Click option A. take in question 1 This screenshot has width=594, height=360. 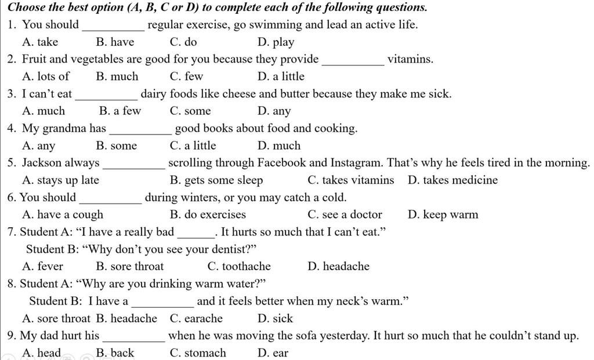(x=39, y=42)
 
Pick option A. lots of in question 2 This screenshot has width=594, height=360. (x=45, y=77)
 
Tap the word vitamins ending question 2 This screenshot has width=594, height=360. (x=410, y=59)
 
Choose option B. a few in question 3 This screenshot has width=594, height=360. (x=120, y=111)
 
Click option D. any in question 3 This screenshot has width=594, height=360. (x=274, y=111)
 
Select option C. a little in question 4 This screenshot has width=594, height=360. (x=193, y=146)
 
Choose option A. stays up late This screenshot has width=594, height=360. (x=60, y=180)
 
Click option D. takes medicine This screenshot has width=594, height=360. (x=452, y=180)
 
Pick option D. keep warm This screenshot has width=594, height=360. (x=443, y=215)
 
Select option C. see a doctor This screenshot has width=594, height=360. (x=345, y=215)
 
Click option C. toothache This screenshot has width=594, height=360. (x=238, y=267)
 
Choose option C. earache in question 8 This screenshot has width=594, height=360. (x=196, y=319)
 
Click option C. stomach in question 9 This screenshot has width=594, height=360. (x=198, y=353)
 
